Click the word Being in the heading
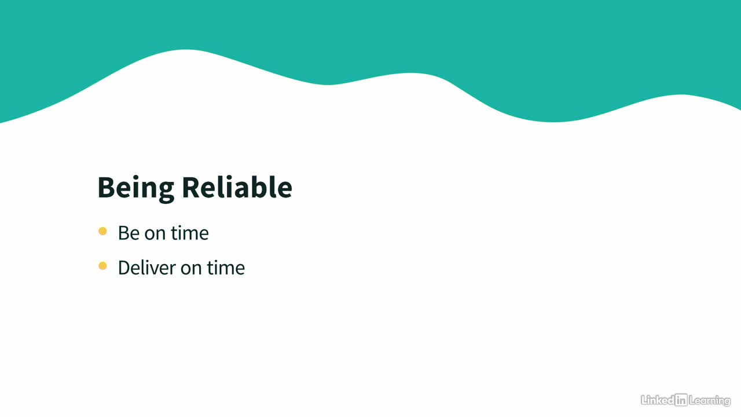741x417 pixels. coord(135,188)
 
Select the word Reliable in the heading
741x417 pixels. coord(237,187)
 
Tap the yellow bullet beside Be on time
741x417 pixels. coord(102,231)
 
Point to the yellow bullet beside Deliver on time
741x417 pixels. coord(102,266)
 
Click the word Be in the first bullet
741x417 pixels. coord(129,233)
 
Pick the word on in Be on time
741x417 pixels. coord(155,235)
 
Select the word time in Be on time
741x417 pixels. coord(189,233)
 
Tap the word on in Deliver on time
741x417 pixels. coord(191,269)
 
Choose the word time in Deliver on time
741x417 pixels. coord(226,268)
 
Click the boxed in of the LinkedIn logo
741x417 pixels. coord(681,400)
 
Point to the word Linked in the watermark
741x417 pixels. coord(658,400)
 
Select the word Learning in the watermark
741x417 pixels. coord(710,401)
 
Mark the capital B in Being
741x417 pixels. coord(106,187)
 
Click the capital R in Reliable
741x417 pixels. coord(191,187)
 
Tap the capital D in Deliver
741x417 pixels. coord(124,268)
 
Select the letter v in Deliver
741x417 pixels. coord(155,269)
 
